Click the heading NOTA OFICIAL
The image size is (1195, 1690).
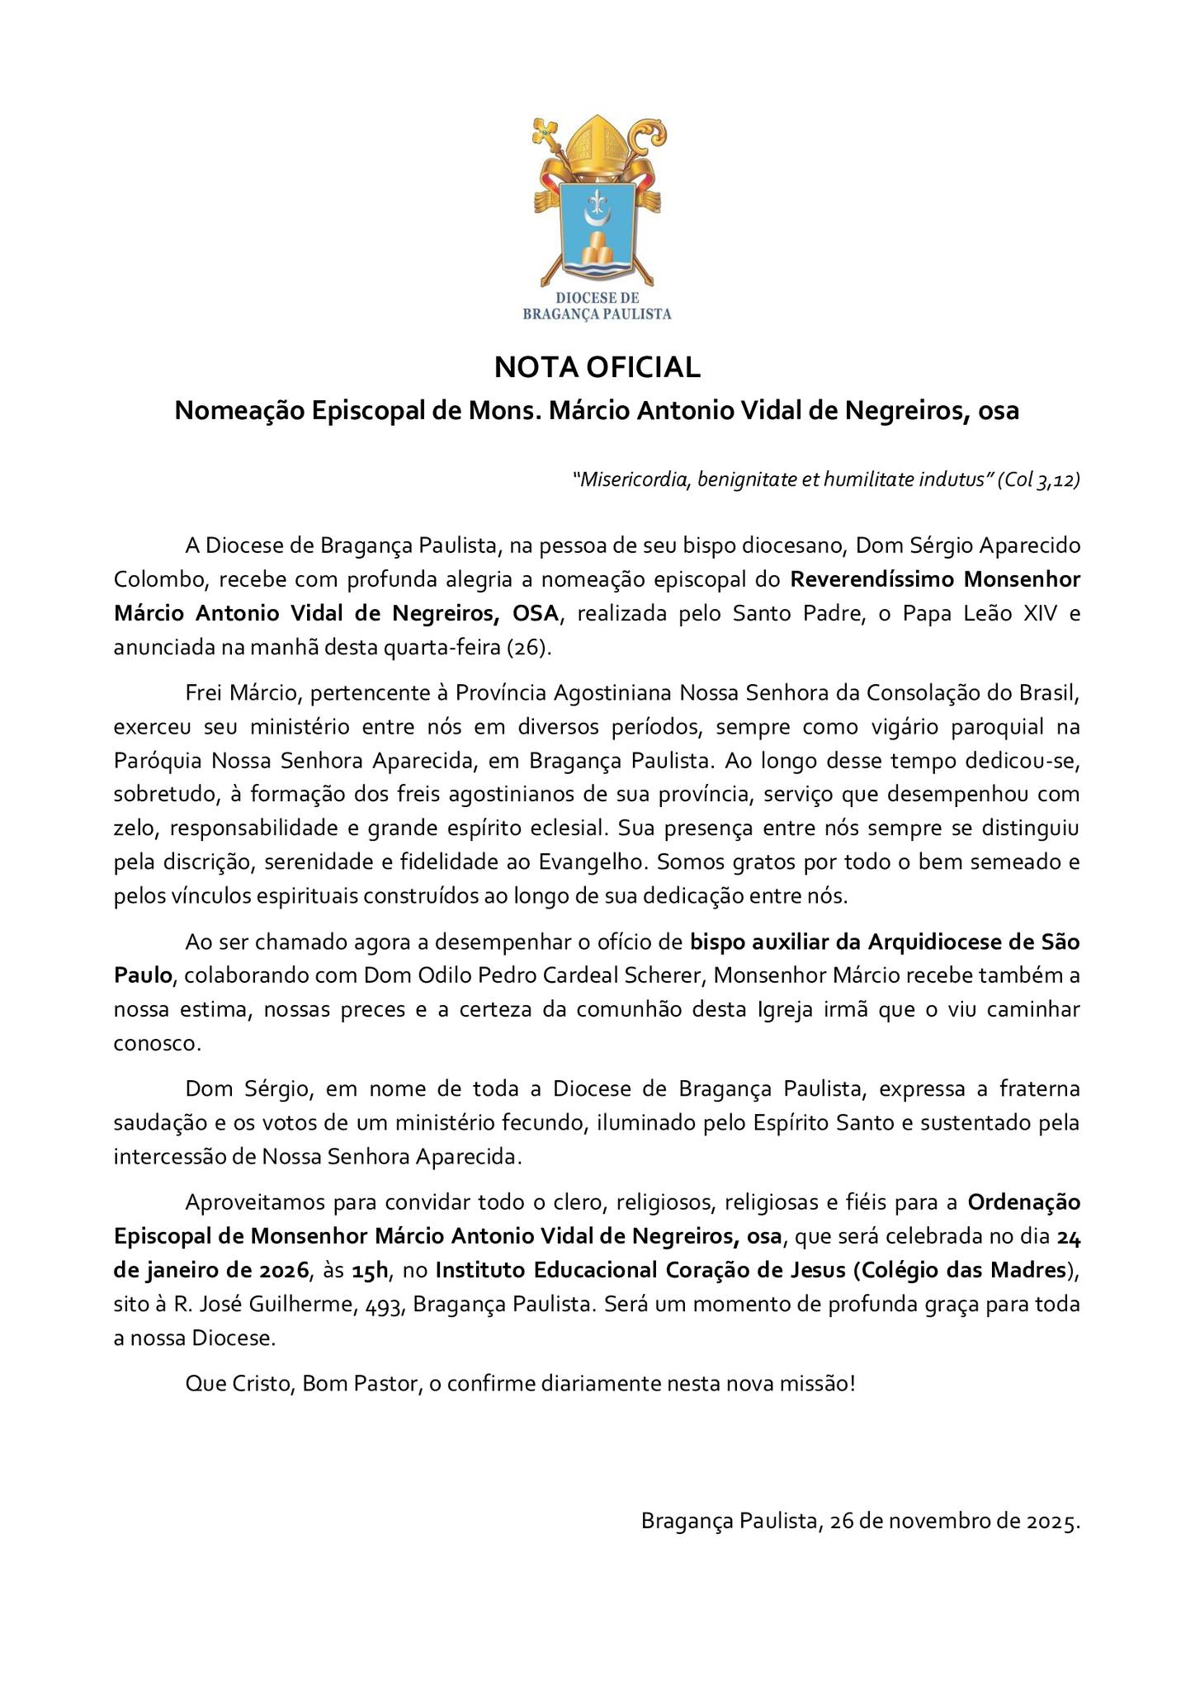pos(597,367)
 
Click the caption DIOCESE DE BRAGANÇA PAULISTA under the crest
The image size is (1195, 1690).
pos(597,305)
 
